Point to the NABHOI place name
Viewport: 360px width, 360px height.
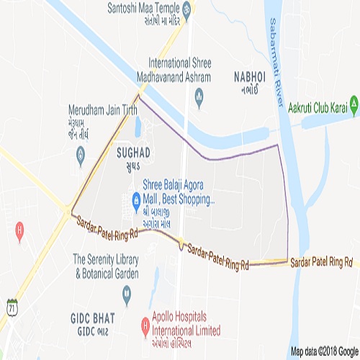coord(250,76)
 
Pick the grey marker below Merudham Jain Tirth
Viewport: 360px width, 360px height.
coord(81,153)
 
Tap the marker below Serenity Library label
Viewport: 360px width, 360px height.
coord(127,292)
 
